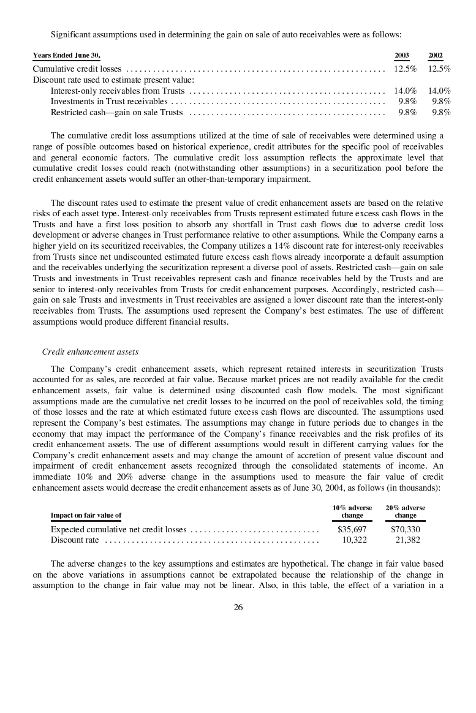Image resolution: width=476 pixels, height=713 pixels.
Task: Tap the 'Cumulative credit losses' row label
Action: tap(77, 69)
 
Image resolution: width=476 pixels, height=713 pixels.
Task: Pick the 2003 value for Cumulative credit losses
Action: tap(406, 69)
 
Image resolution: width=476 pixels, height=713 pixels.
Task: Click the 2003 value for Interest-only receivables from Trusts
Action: tap(406, 91)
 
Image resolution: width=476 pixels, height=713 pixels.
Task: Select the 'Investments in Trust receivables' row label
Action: tap(108, 101)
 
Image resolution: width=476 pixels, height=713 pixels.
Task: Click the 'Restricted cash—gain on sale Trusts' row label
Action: tap(116, 112)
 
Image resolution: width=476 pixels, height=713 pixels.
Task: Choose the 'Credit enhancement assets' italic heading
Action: tap(90, 352)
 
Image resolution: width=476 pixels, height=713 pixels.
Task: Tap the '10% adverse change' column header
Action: tap(352, 511)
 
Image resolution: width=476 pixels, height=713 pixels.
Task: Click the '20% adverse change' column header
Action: tap(406, 511)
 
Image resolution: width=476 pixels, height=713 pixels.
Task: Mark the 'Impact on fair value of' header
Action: tap(86, 515)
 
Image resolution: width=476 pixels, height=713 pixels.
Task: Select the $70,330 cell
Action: tap(406, 529)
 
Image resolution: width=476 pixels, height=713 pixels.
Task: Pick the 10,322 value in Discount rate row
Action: tap(354, 540)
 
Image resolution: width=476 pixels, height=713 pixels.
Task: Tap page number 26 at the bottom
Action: tap(238, 607)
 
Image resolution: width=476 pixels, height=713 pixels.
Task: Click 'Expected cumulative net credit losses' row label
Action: tap(118, 529)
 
